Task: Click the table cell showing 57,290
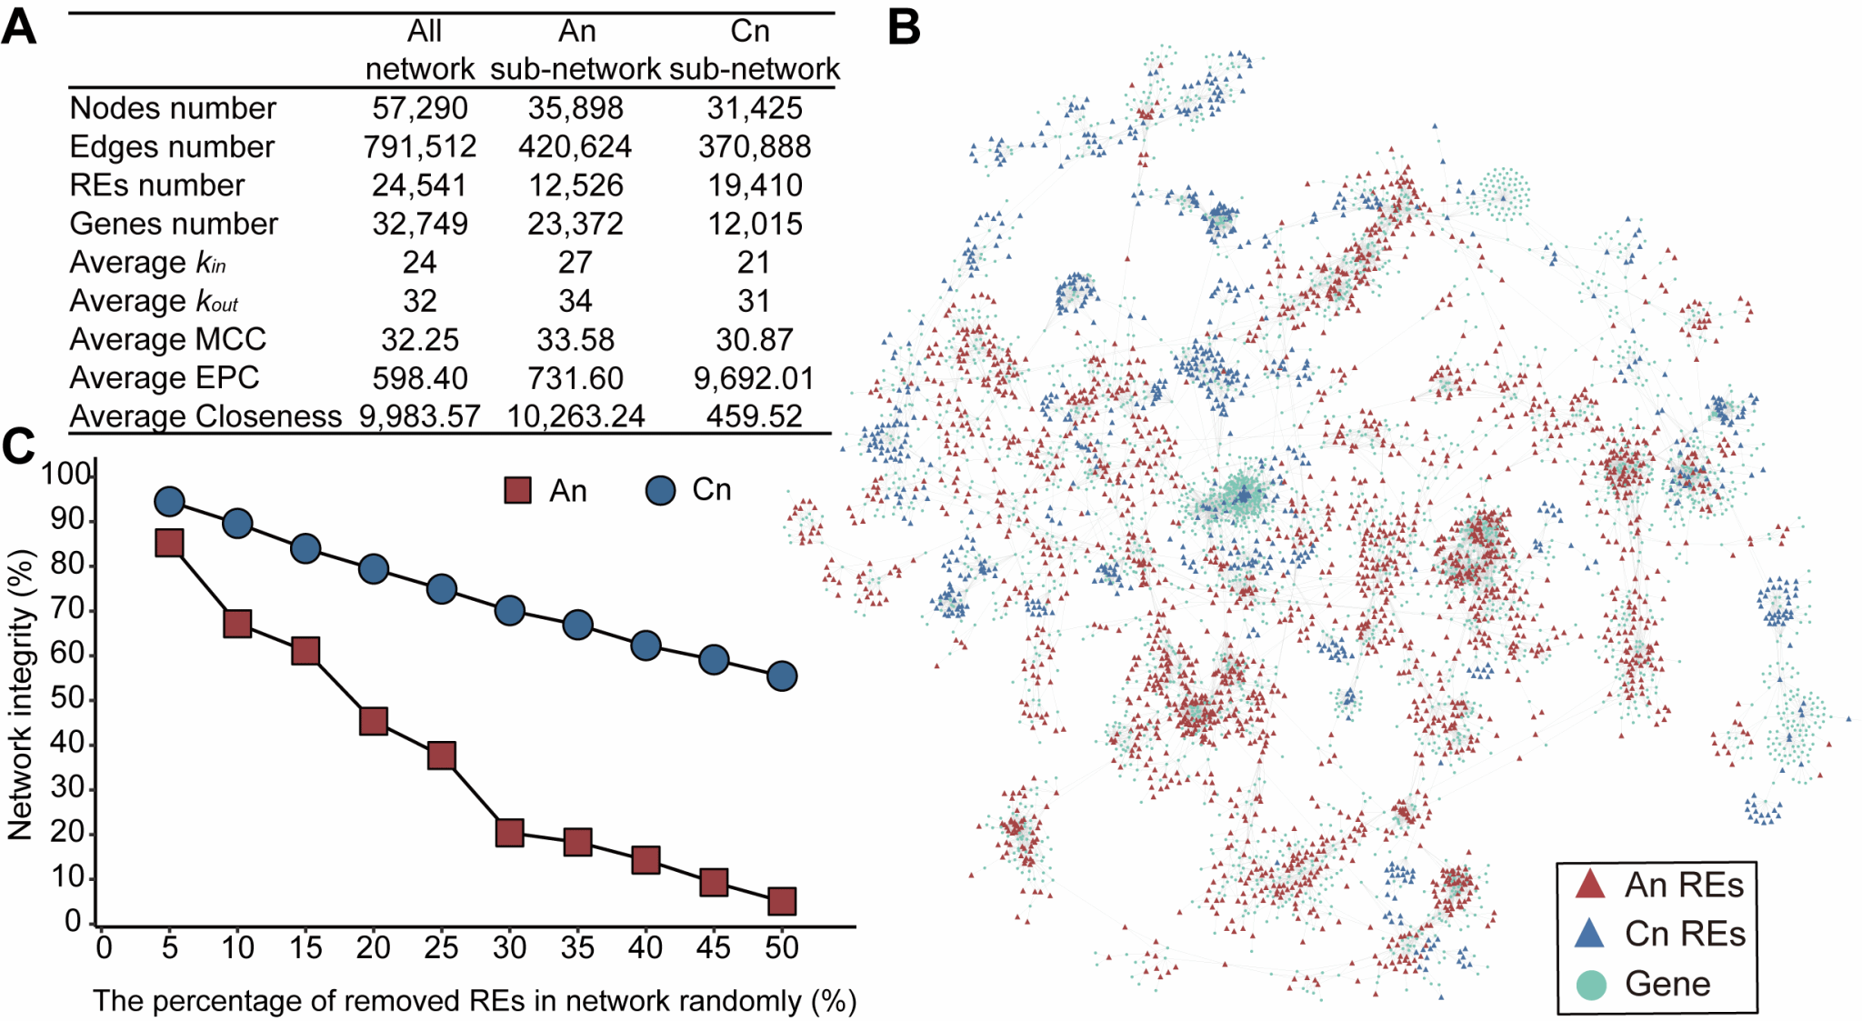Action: pyautogui.click(x=419, y=108)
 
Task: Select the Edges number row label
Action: pyautogui.click(x=172, y=147)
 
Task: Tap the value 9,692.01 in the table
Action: pyautogui.click(x=754, y=378)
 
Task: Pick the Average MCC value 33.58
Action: pyautogui.click(x=576, y=340)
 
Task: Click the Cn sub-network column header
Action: pyautogui.click(x=754, y=50)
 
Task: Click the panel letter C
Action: pyautogui.click(x=18, y=446)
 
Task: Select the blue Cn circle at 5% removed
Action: pyautogui.click(x=169, y=501)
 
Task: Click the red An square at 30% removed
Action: pyautogui.click(x=510, y=832)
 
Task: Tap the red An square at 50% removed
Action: pyautogui.click(x=782, y=901)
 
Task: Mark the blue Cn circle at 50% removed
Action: pyautogui.click(x=782, y=676)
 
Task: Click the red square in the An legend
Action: pyautogui.click(x=517, y=491)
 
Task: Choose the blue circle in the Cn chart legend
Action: pyautogui.click(x=660, y=491)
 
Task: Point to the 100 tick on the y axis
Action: pyautogui.click(x=65, y=474)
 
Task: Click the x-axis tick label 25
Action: pyautogui.click(x=441, y=948)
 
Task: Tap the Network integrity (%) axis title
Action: pyautogui.click(x=20, y=696)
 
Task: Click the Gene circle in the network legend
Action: pyautogui.click(x=1590, y=985)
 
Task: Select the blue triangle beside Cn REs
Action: pyautogui.click(x=1589, y=934)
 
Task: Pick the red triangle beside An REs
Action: pyautogui.click(x=1589, y=885)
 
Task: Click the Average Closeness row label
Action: pyautogui.click(x=205, y=416)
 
